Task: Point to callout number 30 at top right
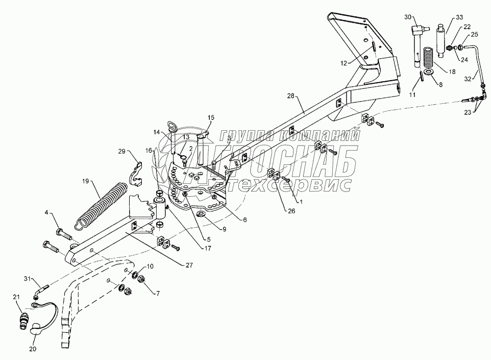[408, 17]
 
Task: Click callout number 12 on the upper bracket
[345, 63]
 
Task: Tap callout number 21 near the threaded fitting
[16, 297]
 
